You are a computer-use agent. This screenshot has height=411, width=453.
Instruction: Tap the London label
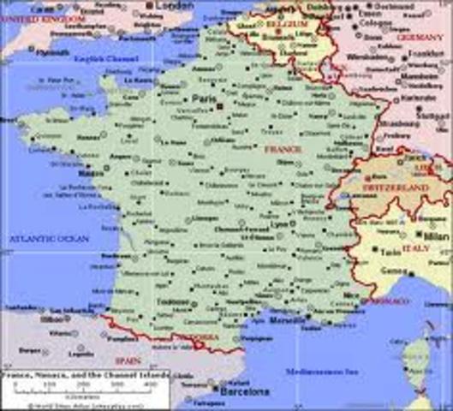pyautogui.click(x=176, y=6)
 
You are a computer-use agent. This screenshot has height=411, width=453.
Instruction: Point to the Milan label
pyautogui.click(x=432, y=235)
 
